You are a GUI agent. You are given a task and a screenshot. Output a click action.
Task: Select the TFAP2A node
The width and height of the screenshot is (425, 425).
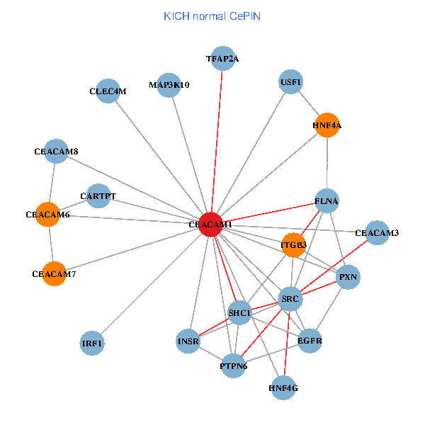(x=222, y=59)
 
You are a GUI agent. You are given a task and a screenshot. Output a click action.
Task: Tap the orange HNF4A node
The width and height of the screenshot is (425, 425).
(x=327, y=125)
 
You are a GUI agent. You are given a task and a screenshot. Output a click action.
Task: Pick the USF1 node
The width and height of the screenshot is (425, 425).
(x=291, y=81)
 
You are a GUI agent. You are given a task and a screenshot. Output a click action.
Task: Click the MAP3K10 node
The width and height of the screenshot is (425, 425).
(x=169, y=85)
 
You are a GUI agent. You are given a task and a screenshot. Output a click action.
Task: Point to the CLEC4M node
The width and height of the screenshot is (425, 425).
(x=108, y=91)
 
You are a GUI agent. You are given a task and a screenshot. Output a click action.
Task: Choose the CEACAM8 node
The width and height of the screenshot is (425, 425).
(x=56, y=151)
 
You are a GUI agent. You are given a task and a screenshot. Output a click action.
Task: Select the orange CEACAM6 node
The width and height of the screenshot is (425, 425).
(x=47, y=214)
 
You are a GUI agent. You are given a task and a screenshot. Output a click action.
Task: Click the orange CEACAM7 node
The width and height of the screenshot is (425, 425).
(x=54, y=273)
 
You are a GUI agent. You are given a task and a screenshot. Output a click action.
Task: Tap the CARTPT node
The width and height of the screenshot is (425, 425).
(x=98, y=195)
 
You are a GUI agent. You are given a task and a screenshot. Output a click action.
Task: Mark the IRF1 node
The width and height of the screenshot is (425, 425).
(x=92, y=344)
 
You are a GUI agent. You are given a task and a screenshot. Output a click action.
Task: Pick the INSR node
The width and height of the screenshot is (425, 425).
(x=188, y=341)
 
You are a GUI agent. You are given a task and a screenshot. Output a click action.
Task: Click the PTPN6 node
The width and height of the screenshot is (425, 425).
(x=233, y=365)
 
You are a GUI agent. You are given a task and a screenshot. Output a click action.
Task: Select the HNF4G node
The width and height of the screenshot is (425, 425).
(x=283, y=387)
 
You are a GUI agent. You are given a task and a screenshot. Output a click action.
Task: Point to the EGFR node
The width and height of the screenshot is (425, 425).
(x=310, y=341)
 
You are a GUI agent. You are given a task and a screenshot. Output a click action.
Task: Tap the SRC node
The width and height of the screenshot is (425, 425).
(x=290, y=300)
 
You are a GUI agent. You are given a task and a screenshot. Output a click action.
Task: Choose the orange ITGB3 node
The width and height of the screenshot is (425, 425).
(x=293, y=245)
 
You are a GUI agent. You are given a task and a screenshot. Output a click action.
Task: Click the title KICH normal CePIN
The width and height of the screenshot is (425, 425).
(x=212, y=16)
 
